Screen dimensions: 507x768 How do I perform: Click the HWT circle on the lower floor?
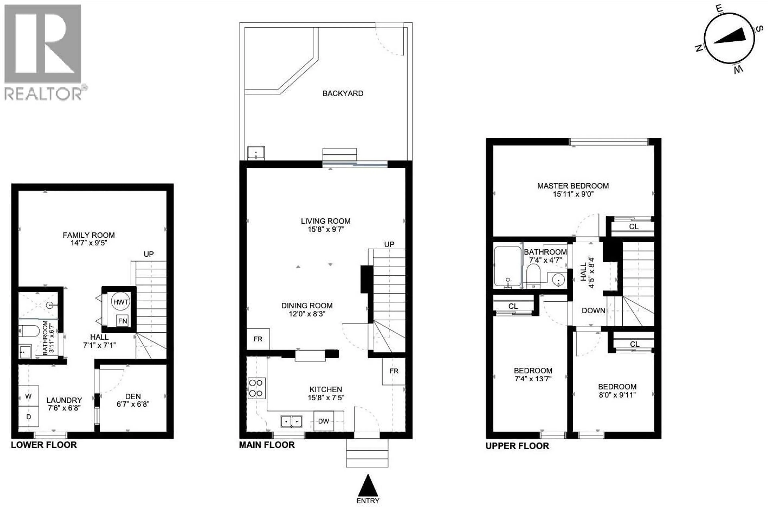tap(121, 302)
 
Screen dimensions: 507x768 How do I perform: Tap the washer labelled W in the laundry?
tap(28, 396)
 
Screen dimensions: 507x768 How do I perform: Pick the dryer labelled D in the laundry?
tap(28, 417)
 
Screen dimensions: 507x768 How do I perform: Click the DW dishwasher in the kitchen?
tap(324, 421)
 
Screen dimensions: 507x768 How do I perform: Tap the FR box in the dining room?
tap(258, 339)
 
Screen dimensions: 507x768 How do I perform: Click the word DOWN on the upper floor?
tap(593, 310)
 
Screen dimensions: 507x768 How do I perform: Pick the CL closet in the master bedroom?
tap(633, 227)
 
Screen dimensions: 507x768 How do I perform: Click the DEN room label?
tap(133, 396)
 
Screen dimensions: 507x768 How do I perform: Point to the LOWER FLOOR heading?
tap(44, 445)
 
